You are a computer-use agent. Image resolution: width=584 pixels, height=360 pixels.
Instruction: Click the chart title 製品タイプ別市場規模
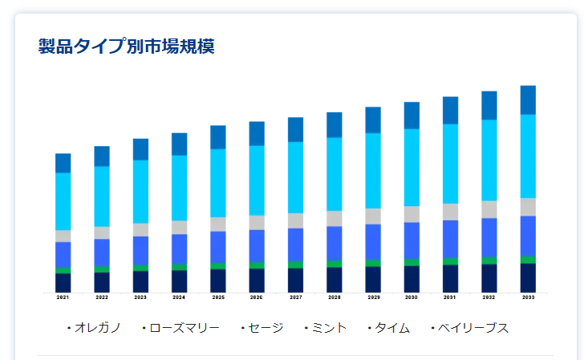coord(126,46)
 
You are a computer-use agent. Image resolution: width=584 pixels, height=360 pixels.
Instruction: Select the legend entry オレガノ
coord(97,328)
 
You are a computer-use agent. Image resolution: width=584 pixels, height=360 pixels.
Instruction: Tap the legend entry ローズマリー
coord(184,328)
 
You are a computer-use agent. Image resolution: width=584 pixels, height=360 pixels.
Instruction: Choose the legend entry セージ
coord(265,328)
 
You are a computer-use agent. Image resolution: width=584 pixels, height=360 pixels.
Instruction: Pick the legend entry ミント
coord(328,328)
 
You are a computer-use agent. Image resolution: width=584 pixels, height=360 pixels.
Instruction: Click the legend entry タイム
coord(391,328)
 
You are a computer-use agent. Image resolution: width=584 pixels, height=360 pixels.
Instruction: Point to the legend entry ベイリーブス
coord(472,328)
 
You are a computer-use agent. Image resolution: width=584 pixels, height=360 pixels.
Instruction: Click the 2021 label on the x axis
coord(63,297)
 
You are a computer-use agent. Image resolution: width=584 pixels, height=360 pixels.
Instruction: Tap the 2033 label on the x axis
coord(528,297)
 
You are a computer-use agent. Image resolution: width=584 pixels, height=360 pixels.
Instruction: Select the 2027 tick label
coord(295,297)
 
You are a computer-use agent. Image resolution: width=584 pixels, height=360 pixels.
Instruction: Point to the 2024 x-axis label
coord(179,297)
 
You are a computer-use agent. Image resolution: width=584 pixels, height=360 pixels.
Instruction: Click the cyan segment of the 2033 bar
coord(528,156)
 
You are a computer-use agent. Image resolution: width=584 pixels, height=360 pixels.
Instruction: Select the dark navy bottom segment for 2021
coord(63,283)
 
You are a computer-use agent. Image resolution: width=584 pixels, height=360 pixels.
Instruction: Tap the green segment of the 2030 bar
coord(412,262)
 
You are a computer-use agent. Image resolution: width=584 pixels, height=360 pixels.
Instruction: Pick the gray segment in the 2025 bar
coord(218,224)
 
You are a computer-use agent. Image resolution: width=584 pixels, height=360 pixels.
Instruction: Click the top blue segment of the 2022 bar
coord(102,156)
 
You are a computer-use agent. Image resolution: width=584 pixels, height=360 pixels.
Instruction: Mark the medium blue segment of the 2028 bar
coord(335,243)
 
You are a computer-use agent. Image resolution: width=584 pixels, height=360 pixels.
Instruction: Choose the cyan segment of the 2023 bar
coord(140,192)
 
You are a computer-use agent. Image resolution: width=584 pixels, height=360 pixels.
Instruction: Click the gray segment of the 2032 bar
coord(489,209)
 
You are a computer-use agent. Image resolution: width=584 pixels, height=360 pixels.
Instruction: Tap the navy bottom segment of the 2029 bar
coord(373,280)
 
